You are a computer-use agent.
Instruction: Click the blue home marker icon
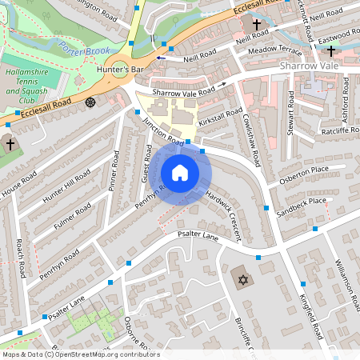(x=180, y=173)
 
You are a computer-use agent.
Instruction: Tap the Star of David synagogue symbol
(x=240, y=279)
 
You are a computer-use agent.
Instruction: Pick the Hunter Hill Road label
(x=68, y=186)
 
